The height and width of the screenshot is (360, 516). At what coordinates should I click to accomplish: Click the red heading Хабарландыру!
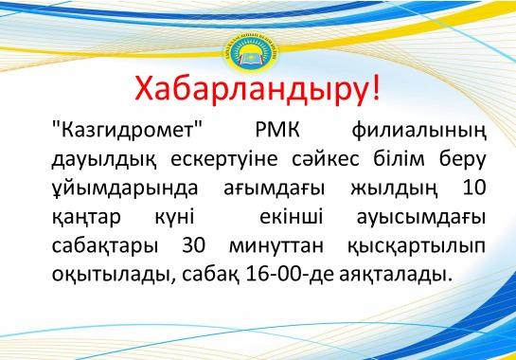(258, 88)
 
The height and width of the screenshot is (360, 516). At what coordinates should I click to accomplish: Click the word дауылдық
(98, 158)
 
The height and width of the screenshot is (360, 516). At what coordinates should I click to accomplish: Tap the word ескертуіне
(212, 158)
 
